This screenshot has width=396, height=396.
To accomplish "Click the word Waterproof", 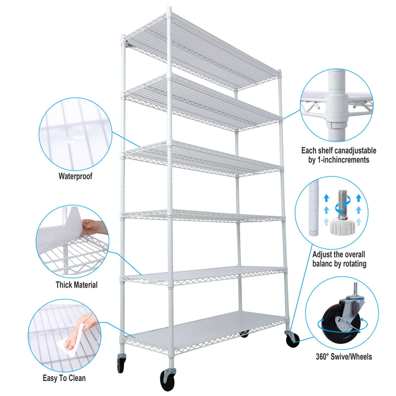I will [75, 176].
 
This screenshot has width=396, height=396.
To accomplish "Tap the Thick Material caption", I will [76, 285].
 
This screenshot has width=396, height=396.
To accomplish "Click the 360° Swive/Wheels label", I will [344, 356].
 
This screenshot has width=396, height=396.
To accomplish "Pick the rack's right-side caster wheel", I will [293, 339].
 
